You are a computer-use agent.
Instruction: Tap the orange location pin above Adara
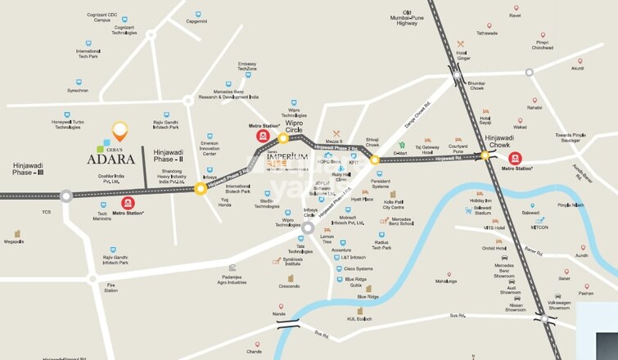coord(120,130)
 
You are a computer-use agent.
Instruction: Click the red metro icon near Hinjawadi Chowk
coord(515,158)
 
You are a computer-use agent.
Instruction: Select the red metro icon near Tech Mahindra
coord(128,203)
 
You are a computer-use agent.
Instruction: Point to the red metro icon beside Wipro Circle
coord(262,136)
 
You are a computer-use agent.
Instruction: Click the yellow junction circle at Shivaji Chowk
coord(375,160)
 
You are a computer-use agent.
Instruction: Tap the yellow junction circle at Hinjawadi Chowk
coord(485,154)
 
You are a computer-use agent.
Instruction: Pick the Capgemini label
coord(196,22)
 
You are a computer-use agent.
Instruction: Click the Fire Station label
coord(111,287)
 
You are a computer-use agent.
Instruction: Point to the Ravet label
coord(515,16)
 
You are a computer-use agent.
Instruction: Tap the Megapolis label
coord(14,242)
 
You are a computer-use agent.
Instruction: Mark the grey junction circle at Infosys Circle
coord(308,227)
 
